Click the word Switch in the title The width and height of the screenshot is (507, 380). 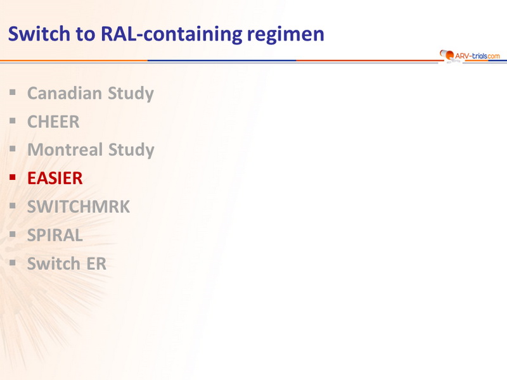pos(39,34)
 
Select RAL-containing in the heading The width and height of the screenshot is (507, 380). pos(172,34)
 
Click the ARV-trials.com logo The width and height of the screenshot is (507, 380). pos(470,55)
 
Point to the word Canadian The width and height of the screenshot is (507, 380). pos(65,93)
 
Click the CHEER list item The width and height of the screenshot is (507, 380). pos(53,122)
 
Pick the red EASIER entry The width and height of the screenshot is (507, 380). pos(55,178)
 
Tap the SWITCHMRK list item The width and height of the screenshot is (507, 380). pos(79,206)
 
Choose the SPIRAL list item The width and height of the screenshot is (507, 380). pos(55,235)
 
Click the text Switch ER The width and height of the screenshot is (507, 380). pos(67,263)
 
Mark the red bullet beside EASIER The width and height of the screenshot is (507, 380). pos(13,177)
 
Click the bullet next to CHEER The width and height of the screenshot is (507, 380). pos(13,121)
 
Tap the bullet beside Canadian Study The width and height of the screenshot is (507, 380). pos(13,92)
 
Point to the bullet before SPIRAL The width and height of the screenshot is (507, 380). pos(13,234)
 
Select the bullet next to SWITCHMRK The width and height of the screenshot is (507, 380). pos(13,205)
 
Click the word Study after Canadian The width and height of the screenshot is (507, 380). pos(131,94)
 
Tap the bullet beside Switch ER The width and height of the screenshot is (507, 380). pos(13,262)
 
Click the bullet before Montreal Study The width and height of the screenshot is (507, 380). pos(13,149)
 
